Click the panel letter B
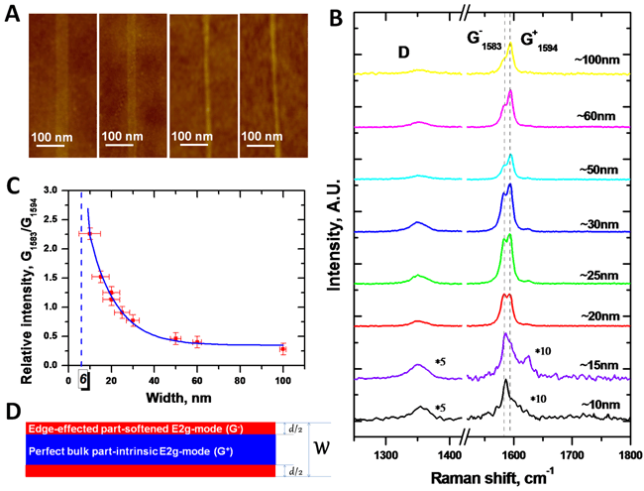(336, 18)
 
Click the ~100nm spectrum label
(598, 61)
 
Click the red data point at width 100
(283, 349)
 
